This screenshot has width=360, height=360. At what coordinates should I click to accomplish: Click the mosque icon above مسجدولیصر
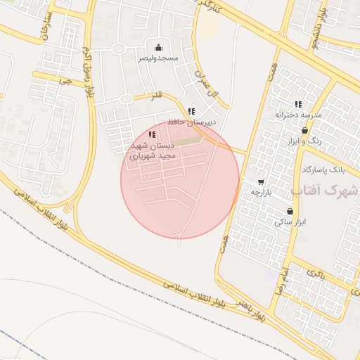158,48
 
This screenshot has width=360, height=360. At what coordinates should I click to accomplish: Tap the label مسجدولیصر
158,57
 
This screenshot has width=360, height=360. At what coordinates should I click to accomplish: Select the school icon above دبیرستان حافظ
191,111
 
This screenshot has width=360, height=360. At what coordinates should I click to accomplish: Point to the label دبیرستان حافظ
191,122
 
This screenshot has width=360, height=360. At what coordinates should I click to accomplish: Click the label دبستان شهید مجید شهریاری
152,150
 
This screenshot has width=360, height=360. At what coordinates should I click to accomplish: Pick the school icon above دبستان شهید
153,134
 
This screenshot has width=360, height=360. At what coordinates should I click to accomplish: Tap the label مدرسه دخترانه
298,114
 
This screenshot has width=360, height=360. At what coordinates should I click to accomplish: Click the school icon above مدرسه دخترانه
299,104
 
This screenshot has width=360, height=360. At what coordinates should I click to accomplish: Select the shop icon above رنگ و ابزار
304,130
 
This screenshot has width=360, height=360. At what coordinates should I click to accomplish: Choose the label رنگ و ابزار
304,141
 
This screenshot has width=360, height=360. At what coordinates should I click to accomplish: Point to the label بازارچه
262,191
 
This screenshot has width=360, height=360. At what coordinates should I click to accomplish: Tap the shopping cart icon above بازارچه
262,181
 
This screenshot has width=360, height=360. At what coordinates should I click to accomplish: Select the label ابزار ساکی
289,221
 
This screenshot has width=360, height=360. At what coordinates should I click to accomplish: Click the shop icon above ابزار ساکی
290,211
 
